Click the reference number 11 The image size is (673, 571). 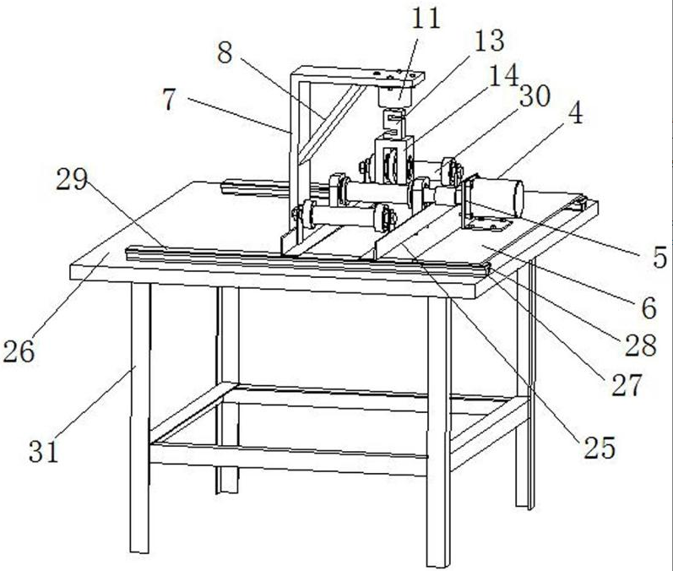point(426,19)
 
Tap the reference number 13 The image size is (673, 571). point(490,41)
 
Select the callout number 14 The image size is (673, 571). point(504,76)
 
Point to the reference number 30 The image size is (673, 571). point(535,96)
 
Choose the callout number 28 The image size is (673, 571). point(640,345)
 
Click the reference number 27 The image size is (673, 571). point(627,384)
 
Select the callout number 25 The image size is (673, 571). point(600,448)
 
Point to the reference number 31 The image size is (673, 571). point(43,451)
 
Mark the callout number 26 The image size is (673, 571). point(19,351)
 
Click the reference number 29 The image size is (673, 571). point(72,179)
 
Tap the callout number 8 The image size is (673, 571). point(225,53)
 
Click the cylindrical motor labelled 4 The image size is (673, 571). point(497,198)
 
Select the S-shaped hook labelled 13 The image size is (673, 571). point(396,124)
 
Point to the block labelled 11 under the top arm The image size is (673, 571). point(395,96)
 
